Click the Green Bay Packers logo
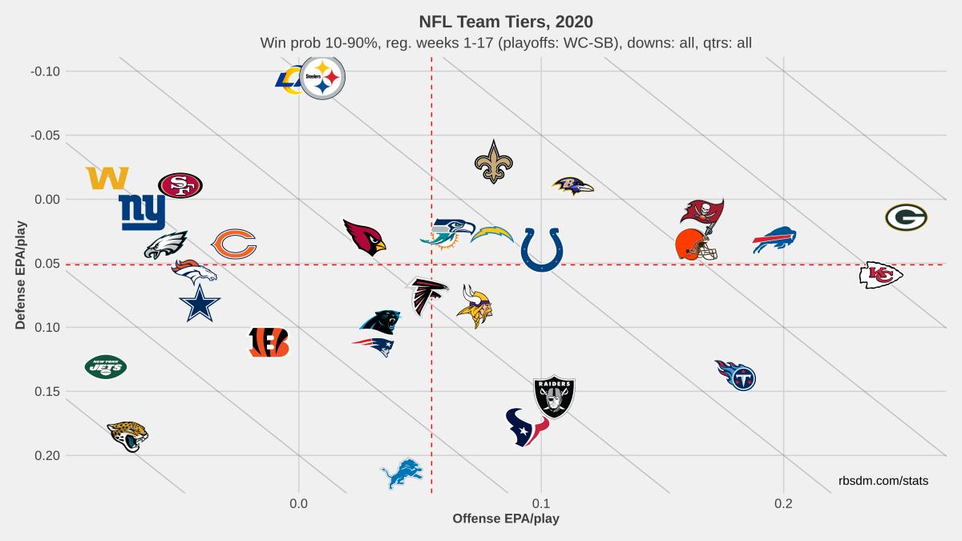pos(906,217)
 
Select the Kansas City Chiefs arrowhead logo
pos(880,275)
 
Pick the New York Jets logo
pos(106,367)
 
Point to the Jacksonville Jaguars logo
pos(127,436)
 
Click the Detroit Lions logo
pos(401,474)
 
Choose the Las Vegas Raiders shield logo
pos(554,396)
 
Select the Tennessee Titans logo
pos(736,374)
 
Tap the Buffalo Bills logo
pos(774,239)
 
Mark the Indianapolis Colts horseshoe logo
pos(542,249)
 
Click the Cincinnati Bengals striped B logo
pos(269,342)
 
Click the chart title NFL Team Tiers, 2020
pos(506,21)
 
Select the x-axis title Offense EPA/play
pos(506,519)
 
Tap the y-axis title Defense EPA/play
pos(21,275)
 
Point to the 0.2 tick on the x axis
pos(783,503)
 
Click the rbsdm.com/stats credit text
pos(883,480)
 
